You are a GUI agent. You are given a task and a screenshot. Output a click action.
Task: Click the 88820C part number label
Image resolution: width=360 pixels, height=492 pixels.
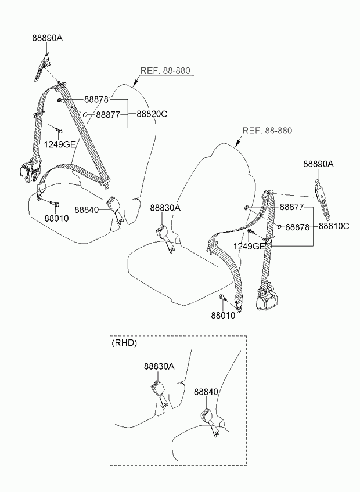(152, 114)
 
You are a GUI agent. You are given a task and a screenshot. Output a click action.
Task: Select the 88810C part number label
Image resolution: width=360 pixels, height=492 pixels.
(333, 226)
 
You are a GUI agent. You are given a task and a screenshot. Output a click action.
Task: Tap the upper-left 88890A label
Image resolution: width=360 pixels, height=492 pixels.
(47, 38)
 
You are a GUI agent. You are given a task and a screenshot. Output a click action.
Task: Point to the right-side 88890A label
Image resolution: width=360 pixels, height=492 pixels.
(318, 164)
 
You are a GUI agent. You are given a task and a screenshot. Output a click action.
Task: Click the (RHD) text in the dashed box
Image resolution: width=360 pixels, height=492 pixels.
(124, 343)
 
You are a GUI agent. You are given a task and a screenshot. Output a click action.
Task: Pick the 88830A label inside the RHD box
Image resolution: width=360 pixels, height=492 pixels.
(159, 366)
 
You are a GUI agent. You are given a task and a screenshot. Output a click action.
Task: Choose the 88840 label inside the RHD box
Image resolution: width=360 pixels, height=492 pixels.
(206, 392)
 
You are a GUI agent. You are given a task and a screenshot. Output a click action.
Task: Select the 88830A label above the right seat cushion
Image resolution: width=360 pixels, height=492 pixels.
(165, 208)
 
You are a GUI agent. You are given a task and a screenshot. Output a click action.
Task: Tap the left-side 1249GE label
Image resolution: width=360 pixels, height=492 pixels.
(60, 144)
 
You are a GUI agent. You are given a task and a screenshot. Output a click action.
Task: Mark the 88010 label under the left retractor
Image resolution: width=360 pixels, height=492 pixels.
(56, 218)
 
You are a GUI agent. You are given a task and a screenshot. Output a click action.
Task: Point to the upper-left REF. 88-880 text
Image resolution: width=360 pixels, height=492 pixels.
(165, 71)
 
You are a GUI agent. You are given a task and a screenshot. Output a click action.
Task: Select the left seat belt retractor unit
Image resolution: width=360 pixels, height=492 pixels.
(27, 171)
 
